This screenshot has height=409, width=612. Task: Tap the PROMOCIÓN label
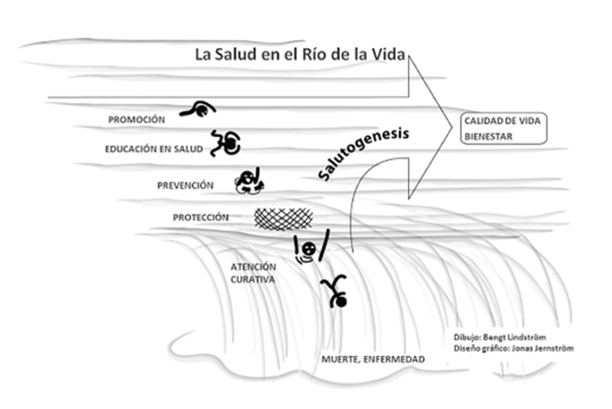pyautogui.click(x=136, y=119)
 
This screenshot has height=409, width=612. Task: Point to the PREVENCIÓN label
pyautogui.click(x=185, y=185)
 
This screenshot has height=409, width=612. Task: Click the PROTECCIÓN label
pyautogui.click(x=200, y=217)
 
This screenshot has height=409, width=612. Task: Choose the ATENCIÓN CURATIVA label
pyautogui.click(x=253, y=273)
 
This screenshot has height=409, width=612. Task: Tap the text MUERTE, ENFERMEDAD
pyautogui.click(x=373, y=359)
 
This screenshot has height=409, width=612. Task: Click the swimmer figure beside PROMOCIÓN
pyautogui.click(x=198, y=110)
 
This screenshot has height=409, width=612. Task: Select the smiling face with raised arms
pyautogui.click(x=313, y=248)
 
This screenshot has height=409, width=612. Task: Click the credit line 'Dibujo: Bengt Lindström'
pyautogui.click(x=499, y=337)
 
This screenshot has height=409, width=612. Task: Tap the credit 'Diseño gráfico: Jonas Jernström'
pyautogui.click(x=513, y=348)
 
